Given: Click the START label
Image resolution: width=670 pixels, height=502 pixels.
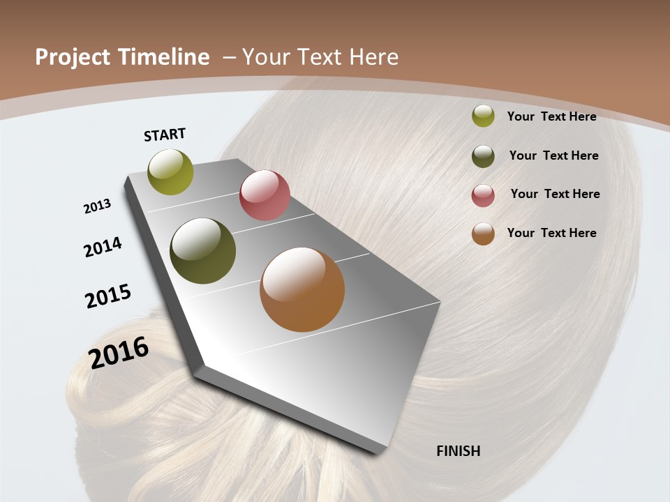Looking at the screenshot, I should (165, 134).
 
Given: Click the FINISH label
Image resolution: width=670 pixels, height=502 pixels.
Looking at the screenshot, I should (459, 451).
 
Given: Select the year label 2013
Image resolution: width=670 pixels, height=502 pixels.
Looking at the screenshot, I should (98, 206).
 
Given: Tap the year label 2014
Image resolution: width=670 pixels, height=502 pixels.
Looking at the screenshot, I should (103, 247).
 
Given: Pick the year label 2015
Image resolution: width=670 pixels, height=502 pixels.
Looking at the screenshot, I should (108, 296).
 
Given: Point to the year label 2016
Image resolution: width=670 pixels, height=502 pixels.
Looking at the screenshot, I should (119, 352).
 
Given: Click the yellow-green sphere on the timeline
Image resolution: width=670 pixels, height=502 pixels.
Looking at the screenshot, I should (171, 172).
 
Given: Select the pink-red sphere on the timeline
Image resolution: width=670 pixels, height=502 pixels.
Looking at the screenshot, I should (265, 195).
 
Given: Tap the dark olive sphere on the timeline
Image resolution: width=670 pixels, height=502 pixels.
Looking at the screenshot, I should (203, 251).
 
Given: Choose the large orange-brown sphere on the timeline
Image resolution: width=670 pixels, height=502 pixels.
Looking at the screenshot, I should (302, 289).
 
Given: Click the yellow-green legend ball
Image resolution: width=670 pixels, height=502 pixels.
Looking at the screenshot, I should (483, 116).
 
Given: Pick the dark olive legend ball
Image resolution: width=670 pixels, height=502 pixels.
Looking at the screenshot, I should (483, 156).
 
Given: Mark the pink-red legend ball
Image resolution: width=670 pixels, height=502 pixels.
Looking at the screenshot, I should (483, 195).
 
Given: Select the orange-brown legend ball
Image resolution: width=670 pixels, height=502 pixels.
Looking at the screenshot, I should (483, 234).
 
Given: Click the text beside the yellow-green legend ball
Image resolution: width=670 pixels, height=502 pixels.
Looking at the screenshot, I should (551, 116).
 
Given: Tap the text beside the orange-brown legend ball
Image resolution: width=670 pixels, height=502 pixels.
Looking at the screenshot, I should (551, 233).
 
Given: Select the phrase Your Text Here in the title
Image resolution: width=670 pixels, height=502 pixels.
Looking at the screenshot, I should (320, 57).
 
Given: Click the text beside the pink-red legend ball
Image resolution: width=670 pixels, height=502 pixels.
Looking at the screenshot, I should (555, 194).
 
